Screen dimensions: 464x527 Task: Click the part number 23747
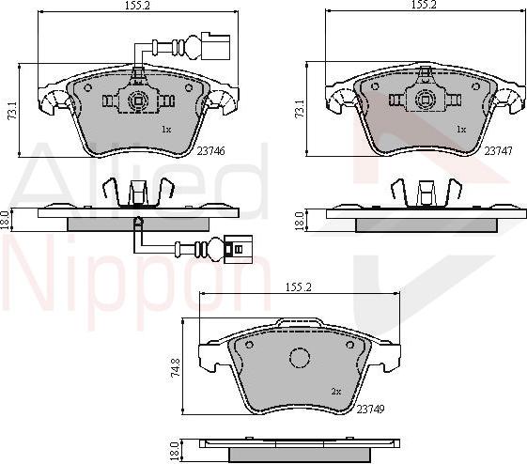point(498,149)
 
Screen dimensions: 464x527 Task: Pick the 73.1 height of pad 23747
point(299,111)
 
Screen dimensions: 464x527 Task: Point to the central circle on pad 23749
point(299,360)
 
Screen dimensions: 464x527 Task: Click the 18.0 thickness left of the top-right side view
point(299,220)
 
